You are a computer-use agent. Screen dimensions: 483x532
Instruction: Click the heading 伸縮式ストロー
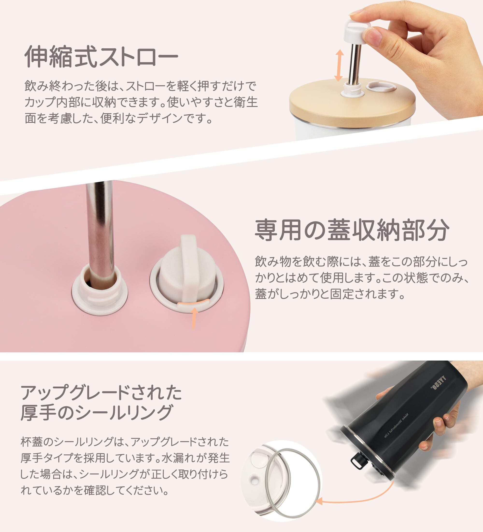(x=101, y=56)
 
